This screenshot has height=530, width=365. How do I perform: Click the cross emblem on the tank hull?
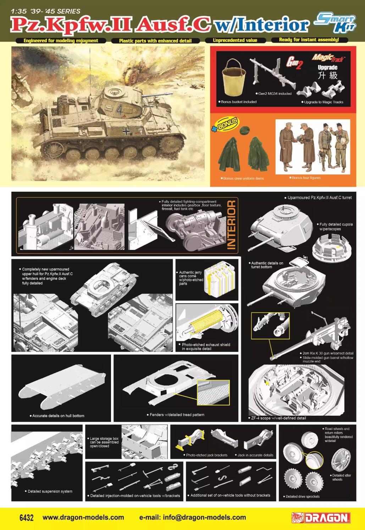coord(126,131)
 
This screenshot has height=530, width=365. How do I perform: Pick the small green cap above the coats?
coord(244,131)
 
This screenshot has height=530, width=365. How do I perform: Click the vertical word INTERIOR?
coord(231,225)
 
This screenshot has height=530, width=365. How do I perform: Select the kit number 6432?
coord(26,517)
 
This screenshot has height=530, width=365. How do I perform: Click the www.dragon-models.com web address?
coord(83,517)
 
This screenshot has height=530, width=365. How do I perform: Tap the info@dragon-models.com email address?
coord(193,517)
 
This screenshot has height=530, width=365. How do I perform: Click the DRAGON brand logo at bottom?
coord(321,518)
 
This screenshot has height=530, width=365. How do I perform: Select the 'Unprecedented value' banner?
coord(235,40)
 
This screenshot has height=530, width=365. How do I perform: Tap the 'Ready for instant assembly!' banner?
coord(309,40)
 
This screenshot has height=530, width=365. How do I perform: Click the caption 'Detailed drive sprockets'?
coord(302,496)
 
